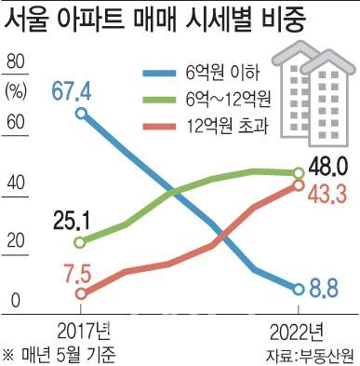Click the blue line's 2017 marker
pos(81,113)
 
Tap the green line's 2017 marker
pos(81,242)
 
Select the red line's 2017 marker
pos(81,293)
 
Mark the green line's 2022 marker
pos(298,173)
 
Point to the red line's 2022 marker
pos(298,186)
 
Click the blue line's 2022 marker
pos(298,289)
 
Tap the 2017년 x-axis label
pos(82,328)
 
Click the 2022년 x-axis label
pos(298,328)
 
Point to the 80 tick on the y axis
pos(17,61)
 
